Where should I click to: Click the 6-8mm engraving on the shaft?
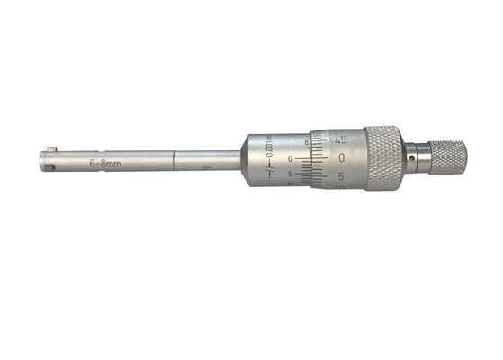(x=105, y=164)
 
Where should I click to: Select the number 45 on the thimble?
(x=339, y=139)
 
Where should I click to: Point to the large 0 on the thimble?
(x=343, y=158)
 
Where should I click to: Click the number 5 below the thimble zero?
(x=343, y=177)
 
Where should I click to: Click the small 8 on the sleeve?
(x=307, y=142)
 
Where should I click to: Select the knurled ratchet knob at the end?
(x=445, y=157)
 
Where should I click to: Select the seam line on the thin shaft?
(x=173, y=163)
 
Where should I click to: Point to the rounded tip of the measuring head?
(x=41, y=163)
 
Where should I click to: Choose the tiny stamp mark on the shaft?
(x=207, y=166)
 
